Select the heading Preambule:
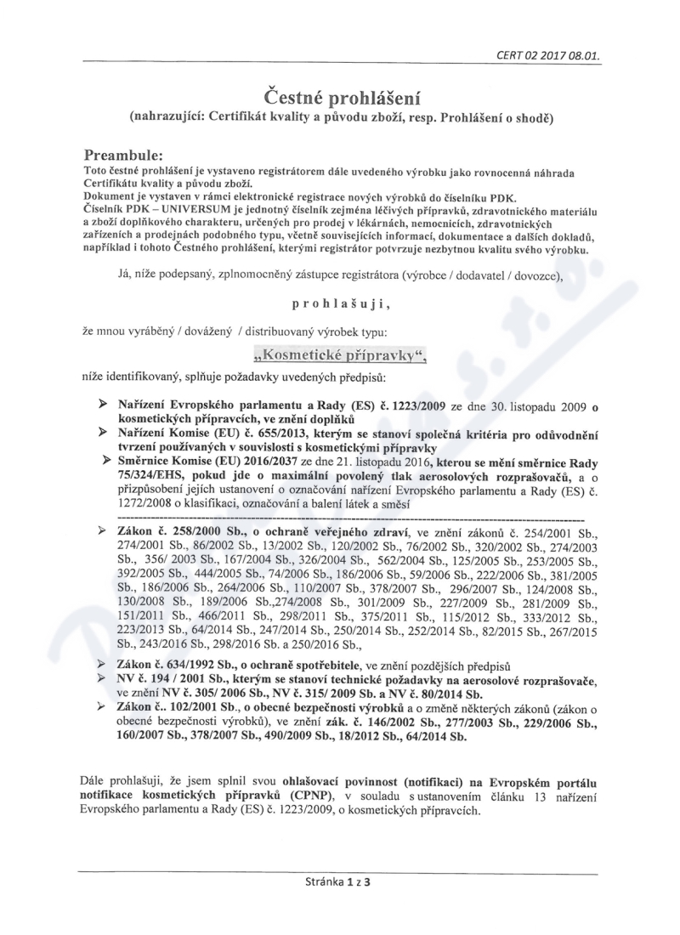(x=128, y=155)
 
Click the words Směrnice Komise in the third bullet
(x=162, y=462)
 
